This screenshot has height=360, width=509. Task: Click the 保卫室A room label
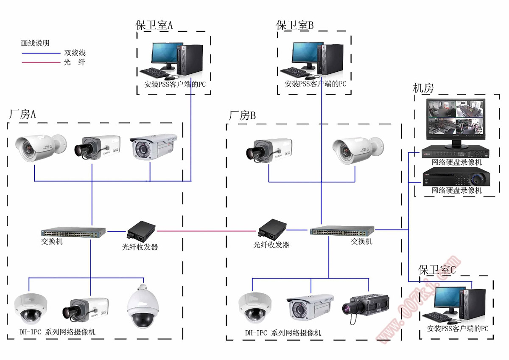coord(154,25)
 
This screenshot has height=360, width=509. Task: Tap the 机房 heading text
coord(423,88)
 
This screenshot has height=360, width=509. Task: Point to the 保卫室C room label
coord(436,270)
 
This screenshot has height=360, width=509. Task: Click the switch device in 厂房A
coord(73,232)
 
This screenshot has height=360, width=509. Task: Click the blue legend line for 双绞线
coord(41,53)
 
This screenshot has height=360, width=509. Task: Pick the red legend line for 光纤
coord(41,63)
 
